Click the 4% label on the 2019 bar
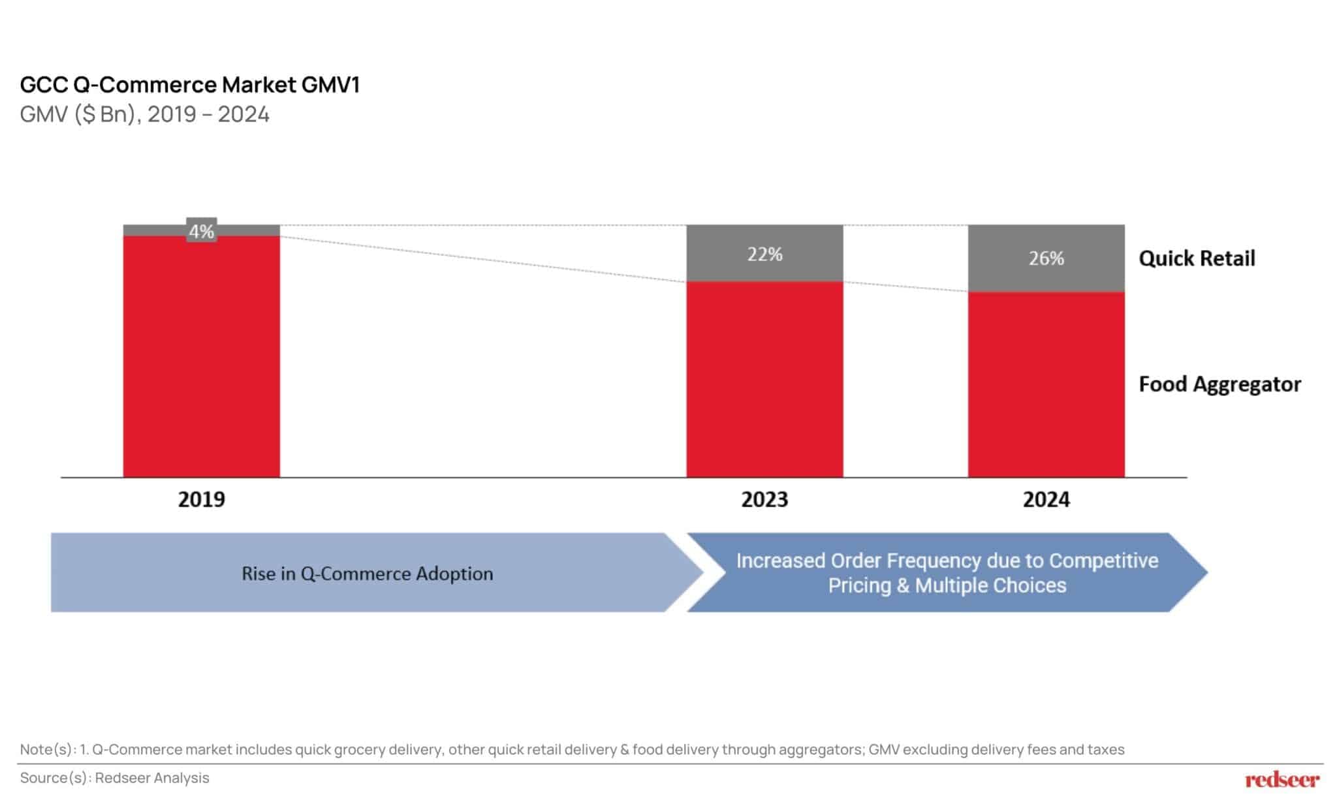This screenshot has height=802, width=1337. click(x=201, y=231)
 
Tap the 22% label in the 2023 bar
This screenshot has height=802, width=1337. click(x=764, y=254)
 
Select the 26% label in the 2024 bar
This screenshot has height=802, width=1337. click(x=1046, y=258)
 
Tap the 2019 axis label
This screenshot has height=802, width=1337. click(x=201, y=499)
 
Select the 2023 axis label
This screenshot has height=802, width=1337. click(x=764, y=499)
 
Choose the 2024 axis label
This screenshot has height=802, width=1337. click(x=1046, y=499)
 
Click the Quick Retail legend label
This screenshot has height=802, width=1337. click(x=1196, y=258)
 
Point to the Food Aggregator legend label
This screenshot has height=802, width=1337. click(x=1219, y=384)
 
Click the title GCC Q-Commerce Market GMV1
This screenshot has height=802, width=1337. click(x=189, y=85)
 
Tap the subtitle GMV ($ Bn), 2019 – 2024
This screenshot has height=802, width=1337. click(x=144, y=114)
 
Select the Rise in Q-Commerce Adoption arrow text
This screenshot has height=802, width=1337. click(x=367, y=574)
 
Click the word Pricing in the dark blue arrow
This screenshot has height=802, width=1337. click(x=860, y=585)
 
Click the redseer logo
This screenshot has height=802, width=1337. click(x=1282, y=779)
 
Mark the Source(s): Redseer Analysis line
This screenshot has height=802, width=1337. click(x=114, y=778)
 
